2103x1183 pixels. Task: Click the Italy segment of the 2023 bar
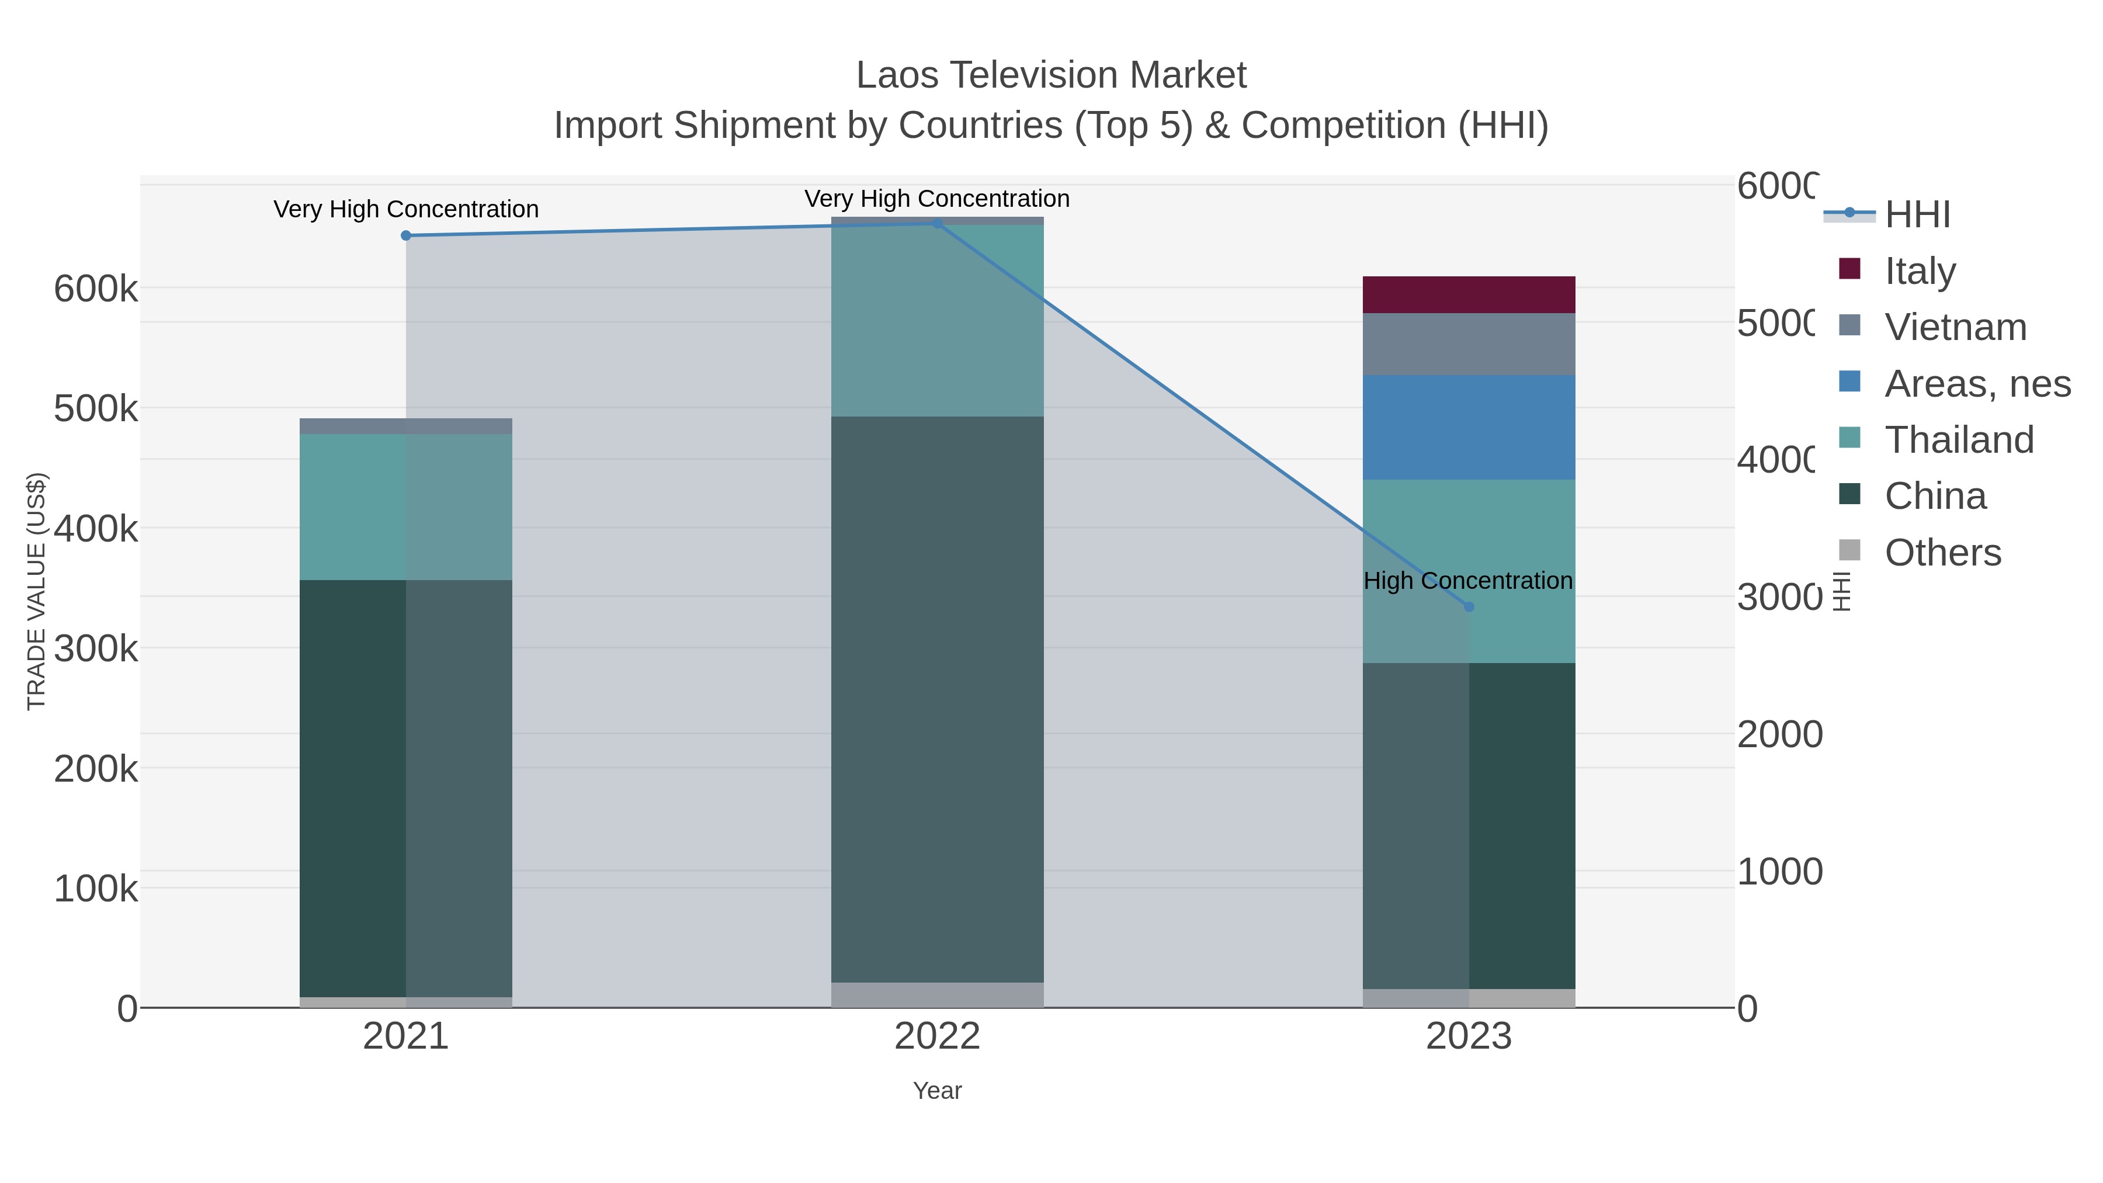[1468, 295]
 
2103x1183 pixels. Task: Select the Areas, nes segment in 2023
[1468, 427]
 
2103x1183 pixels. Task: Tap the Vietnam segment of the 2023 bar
[1468, 344]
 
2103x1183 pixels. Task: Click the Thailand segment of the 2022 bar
[936, 320]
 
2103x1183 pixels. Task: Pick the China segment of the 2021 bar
[406, 788]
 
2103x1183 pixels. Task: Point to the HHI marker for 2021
[406, 236]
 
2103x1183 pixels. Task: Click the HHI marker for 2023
[1469, 606]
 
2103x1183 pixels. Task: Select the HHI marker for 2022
[937, 223]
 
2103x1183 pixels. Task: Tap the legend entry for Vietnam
[1955, 327]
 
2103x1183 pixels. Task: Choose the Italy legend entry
[1920, 270]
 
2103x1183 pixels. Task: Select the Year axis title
[936, 1091]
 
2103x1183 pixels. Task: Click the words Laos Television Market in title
[1051, 75]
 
